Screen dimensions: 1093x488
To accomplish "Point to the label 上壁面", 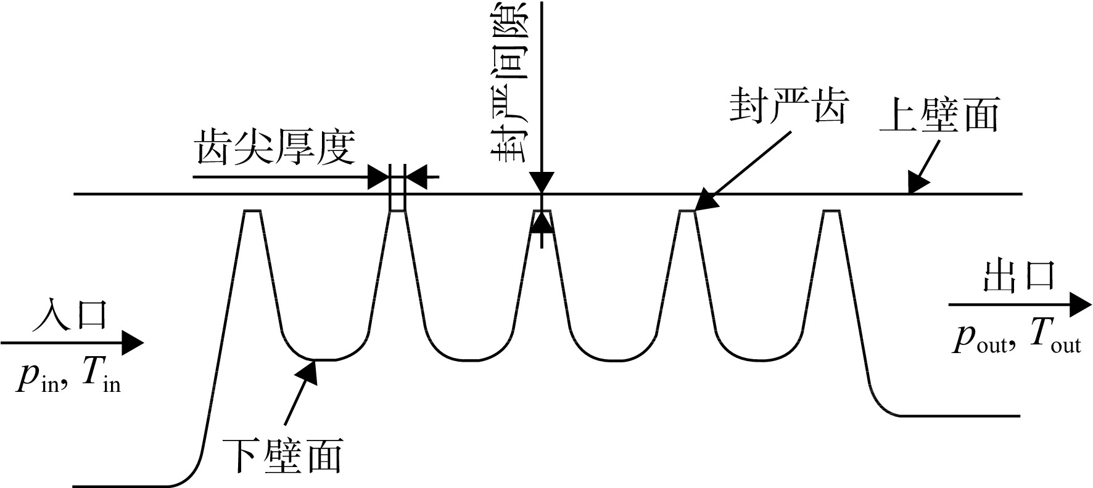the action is click(x=938, y=113).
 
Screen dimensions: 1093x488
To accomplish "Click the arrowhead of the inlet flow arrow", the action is click(x=132, y=342).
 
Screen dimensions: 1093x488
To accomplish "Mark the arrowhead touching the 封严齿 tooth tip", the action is click(x=704, y=201).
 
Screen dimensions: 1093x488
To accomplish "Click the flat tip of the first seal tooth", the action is click(x=252, y=211).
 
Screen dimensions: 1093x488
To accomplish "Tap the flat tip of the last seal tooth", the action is click(x=831, y=211).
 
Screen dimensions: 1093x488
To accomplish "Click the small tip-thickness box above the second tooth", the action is click(x=398, y=195).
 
